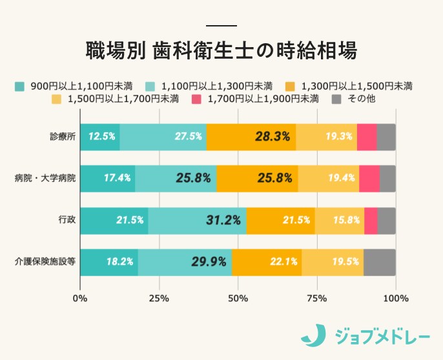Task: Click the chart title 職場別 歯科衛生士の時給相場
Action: click(221, 51)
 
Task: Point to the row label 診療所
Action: click(63, 137)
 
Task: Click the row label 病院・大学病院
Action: click(45, 178)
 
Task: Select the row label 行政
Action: click(67, 220)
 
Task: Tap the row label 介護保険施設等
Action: click(45, 262)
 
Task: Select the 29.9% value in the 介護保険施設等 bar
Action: click(209, 262)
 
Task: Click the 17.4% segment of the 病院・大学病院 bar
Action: click(107, 178)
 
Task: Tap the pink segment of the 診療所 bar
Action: click(366, 137)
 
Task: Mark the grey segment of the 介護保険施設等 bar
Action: click(379, 262)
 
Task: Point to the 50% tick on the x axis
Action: click(238, 298)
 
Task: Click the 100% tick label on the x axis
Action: click(395, 298)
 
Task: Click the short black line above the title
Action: click(221, 26)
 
